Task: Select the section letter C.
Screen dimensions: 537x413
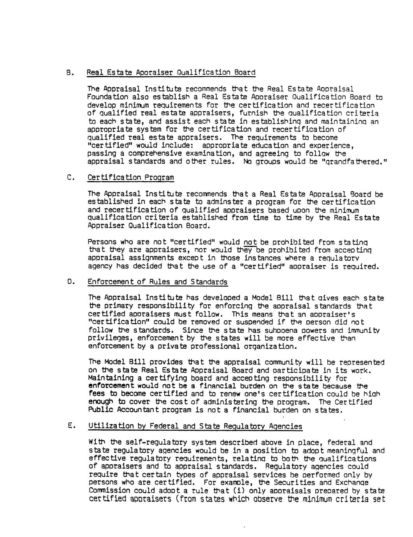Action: (69, 178)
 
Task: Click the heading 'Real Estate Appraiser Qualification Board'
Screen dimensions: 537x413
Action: (171, 73)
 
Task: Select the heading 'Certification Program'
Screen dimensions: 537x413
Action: (130, 178)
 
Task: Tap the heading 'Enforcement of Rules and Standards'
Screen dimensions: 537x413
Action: (158, 282)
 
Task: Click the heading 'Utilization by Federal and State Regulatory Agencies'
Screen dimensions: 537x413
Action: (195, 426)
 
